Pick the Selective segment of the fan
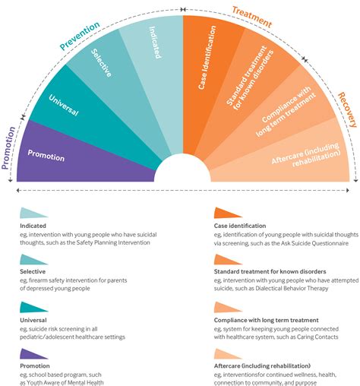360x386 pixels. (106, 68)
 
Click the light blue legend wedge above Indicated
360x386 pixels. (33, 214)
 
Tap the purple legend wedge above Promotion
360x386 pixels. (33, 353)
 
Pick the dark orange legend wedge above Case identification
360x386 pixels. (228, 214)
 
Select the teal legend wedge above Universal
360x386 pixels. (33, 306)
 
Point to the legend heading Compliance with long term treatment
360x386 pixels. (277, 320)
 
